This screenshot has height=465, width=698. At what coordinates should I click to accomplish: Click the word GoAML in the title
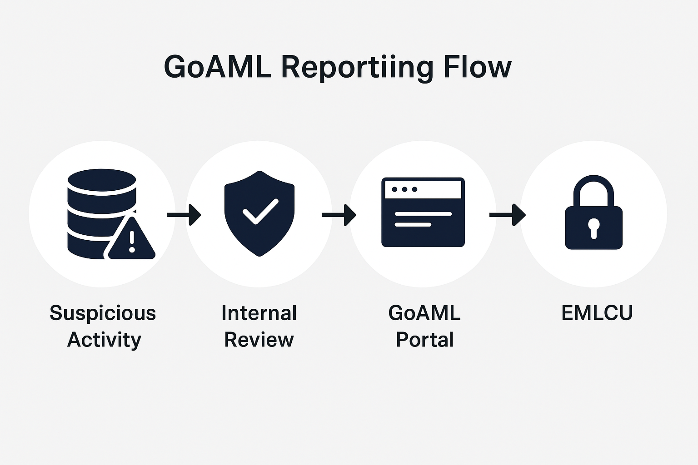(217, 67)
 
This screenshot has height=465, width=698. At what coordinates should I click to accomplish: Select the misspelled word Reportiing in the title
(357, 69)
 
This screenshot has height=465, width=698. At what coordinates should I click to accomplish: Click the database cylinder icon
(102, 214)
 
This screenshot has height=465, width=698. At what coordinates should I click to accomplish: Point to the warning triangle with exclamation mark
(131, 238)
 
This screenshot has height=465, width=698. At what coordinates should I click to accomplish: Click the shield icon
(259, 214)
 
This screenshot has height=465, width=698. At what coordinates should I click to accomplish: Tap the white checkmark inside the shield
(260, 211)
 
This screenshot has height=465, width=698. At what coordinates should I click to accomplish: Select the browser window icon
(423, 212)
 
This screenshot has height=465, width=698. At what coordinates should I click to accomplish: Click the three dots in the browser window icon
(404, 189)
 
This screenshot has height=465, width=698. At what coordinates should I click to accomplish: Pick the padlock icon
(593, 213)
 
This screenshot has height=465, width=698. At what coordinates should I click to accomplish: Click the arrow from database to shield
(184, 215)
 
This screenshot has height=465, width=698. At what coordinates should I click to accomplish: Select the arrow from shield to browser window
(339, 215)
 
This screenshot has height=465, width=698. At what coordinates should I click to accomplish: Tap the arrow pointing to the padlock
(508, 215)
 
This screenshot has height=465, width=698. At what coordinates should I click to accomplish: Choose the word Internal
(259, 313)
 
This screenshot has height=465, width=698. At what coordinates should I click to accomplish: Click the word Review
(259, 340)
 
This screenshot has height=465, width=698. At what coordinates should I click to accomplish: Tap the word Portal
(425, 340)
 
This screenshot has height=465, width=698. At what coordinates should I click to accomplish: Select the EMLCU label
(597, 313)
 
